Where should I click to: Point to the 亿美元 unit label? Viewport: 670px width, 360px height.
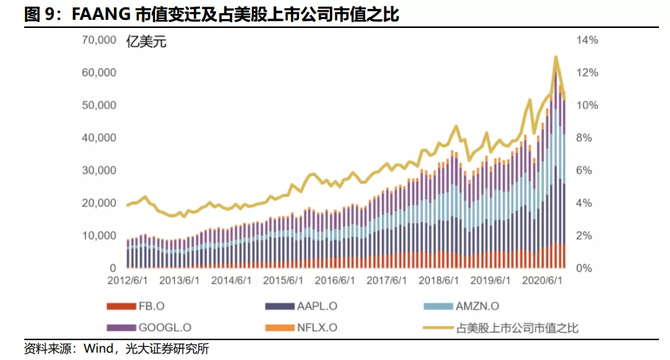coord(147,42)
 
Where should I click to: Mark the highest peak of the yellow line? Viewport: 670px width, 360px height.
coord(555,57)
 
